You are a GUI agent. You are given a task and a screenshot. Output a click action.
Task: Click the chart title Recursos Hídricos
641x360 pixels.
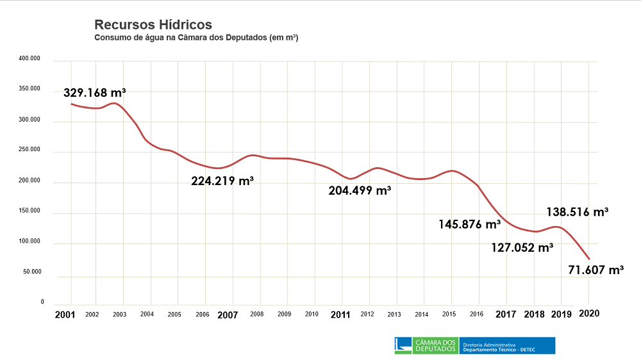153,25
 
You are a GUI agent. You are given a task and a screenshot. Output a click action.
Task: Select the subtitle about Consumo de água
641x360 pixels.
196,38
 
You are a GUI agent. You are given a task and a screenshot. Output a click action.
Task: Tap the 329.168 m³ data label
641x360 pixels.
94,93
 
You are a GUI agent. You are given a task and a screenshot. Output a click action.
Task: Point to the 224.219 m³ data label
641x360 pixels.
222,181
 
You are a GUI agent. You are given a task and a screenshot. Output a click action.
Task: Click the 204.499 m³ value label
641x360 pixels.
360,190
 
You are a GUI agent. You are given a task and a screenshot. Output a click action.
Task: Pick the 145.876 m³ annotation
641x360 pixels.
470,224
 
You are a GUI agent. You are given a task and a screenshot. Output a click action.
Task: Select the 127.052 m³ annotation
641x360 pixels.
522,247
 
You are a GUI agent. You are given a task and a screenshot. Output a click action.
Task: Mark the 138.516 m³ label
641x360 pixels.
578,212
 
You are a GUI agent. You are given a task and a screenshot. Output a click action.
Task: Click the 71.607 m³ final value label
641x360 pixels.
596,270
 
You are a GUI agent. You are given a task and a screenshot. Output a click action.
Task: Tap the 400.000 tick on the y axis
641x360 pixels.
29,60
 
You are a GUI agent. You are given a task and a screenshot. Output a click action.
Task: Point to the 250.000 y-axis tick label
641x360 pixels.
29,151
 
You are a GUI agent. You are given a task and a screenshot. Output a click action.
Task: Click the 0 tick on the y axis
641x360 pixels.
42,302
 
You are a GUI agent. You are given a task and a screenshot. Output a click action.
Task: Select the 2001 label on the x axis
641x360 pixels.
65,315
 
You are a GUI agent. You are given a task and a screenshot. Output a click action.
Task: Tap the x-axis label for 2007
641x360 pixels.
228,315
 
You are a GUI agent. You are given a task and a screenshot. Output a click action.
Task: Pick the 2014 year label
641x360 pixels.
421,315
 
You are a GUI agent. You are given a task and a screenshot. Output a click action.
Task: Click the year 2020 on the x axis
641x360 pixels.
589,313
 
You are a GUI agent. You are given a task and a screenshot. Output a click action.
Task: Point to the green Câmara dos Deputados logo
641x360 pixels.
426,346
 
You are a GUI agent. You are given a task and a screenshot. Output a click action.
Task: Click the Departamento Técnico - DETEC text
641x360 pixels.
499,350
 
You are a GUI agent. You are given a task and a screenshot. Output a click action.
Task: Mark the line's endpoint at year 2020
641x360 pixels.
588,259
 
